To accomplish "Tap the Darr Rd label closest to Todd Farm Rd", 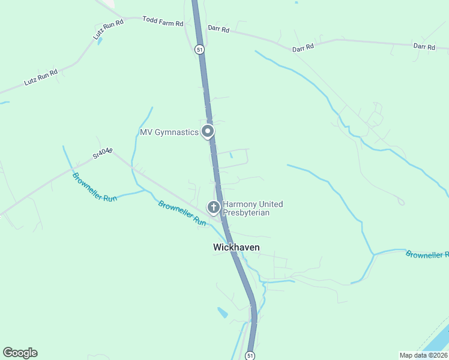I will (218, 29).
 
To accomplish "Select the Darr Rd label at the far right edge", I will (424, 46).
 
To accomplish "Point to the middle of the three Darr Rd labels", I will (303, 47).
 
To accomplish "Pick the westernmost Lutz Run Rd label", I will (41, 78).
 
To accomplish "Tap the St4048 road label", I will (103, 154).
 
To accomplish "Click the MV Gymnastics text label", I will (169, 132).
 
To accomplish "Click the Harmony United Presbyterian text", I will (253, 208).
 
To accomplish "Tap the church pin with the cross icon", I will (212, 208).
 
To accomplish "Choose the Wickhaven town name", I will (236, 247).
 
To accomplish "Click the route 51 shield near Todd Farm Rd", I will (199, 50).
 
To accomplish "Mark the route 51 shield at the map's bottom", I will (250, 355).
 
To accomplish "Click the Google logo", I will (20, 353).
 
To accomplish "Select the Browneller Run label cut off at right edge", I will (427, 254).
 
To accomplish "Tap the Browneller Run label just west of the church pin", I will (182, 212).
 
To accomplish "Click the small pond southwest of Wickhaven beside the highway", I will (223, 313).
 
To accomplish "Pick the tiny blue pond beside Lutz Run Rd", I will (99, 41).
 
